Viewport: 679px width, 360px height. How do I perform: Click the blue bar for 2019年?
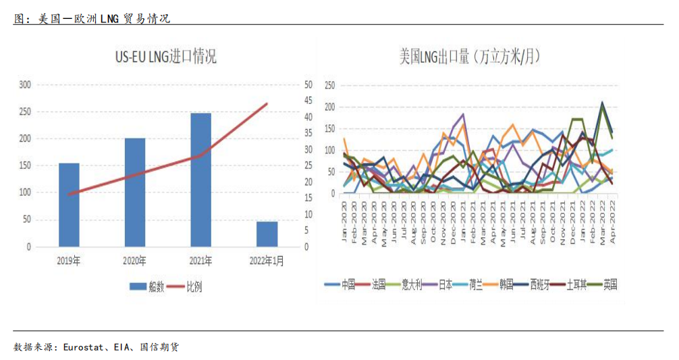pyautogui.click(x=69, y=205)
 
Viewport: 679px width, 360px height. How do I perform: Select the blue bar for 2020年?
pyautogui.click(x=135, y=192)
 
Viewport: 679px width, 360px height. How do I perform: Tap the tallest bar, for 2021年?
pyautogui.click(x=200, y=180)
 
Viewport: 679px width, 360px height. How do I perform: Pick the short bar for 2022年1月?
pyautogui.click(x=267, y=234)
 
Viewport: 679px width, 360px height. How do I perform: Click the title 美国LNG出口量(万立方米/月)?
pyautogui.click(x=471, y=56)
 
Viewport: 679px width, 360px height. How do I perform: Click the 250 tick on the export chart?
pyautogui.click(x=329, y=86)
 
